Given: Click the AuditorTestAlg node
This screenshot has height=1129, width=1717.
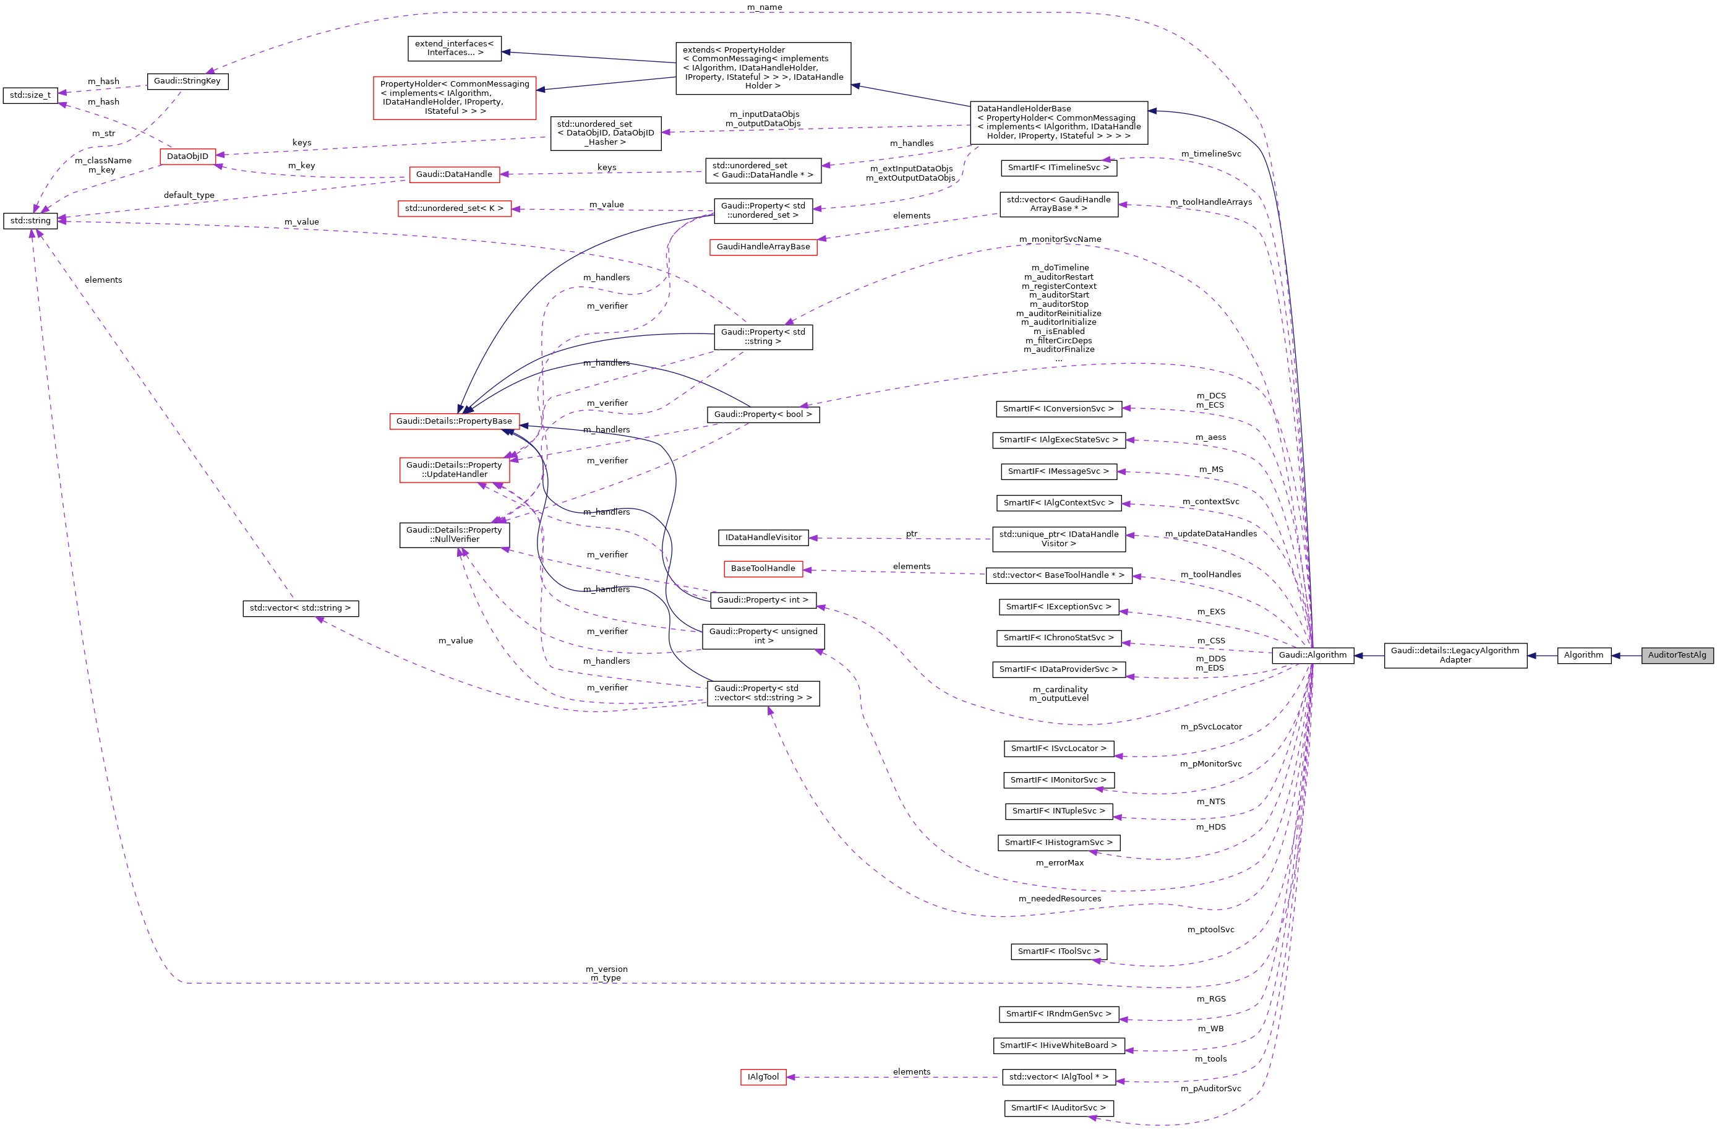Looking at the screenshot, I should pos(1677,655).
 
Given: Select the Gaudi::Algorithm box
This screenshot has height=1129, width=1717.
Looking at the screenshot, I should pos(1312,655).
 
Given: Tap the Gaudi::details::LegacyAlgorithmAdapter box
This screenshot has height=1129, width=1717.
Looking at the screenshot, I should pos(1455,655).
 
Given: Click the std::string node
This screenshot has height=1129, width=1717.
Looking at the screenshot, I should pos(30,221).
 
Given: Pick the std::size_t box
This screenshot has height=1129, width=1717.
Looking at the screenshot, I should pos(30,95).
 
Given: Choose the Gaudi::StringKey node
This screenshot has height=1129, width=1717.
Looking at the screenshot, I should pos(187,81).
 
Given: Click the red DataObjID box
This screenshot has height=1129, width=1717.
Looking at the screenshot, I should pos(187,157).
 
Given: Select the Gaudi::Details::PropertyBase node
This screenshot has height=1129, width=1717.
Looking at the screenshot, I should pos(454,421).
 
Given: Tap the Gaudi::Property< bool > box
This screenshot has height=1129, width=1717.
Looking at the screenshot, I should pos(763,415).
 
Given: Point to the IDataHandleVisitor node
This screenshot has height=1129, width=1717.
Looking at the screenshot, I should pos(763,538).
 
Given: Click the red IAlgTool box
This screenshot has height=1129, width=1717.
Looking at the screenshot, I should pos(763,1077).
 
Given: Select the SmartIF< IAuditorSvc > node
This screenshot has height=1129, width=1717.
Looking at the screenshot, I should pos(1058,1108).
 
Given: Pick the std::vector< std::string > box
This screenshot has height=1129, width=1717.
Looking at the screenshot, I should pos(300,608).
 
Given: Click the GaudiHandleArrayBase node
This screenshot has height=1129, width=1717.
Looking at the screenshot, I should pos(763,247).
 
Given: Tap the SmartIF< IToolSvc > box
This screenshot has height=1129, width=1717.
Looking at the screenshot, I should pos(1058,951).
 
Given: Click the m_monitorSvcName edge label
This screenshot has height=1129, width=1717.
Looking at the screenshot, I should pos(1060,239).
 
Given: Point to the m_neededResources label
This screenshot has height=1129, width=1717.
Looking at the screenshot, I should pos(1059,899).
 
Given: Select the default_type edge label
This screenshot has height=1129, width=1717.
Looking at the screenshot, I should pos(189,195).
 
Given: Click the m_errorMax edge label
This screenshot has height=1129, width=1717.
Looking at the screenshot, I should pos(1059,863).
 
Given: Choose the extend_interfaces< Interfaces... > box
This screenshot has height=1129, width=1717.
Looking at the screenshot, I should pos(454,48).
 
